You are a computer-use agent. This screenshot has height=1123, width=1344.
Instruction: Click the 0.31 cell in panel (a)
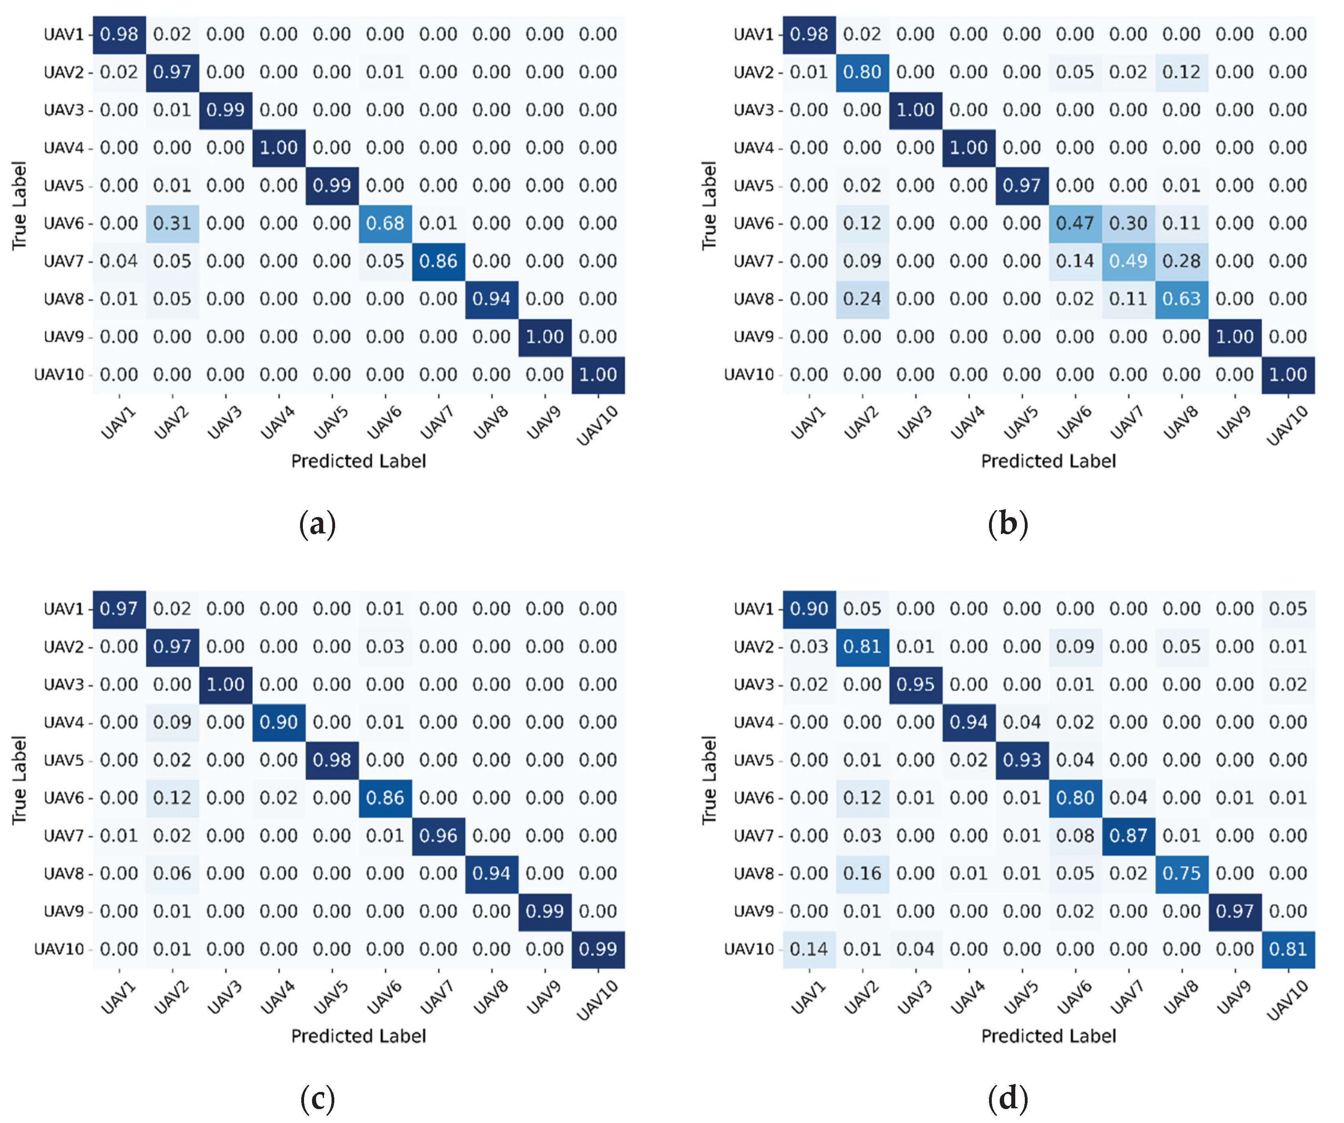coord(172,223)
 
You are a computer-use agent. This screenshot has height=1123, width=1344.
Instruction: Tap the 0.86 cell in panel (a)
coord(439,261)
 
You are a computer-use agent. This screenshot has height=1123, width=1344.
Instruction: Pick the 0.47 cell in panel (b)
coord(1075,223)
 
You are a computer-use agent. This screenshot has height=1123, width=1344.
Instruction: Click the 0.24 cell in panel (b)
coord(862,299)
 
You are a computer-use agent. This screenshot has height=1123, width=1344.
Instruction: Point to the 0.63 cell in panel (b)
coord(1182,299)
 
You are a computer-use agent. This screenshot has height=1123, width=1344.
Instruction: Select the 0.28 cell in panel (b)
coord(1182,261)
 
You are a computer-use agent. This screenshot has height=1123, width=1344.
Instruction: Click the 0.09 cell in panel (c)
coord(172,722)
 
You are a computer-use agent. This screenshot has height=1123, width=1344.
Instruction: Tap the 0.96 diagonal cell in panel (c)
coord(439,836)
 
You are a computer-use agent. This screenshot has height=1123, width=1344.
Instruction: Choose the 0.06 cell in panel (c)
coord(172,873)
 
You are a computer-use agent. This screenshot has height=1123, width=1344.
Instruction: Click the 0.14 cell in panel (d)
coord(809,949)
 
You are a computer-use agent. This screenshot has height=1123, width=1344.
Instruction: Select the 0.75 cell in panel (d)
coord(1182,873)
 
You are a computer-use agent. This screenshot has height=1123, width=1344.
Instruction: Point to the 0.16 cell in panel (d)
coord(862,873)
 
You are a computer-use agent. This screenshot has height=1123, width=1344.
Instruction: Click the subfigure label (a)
coord(318,524)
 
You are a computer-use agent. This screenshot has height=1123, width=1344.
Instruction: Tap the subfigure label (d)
coord(1008,1099)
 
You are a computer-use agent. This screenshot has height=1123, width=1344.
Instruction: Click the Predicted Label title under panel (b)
coord(1048,461)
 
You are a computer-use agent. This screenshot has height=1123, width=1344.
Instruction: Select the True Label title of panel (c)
coord(19,780)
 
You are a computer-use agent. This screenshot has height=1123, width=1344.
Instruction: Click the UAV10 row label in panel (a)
coord(59,375)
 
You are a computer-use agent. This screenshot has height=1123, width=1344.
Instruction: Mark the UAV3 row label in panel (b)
coord(753,110)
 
